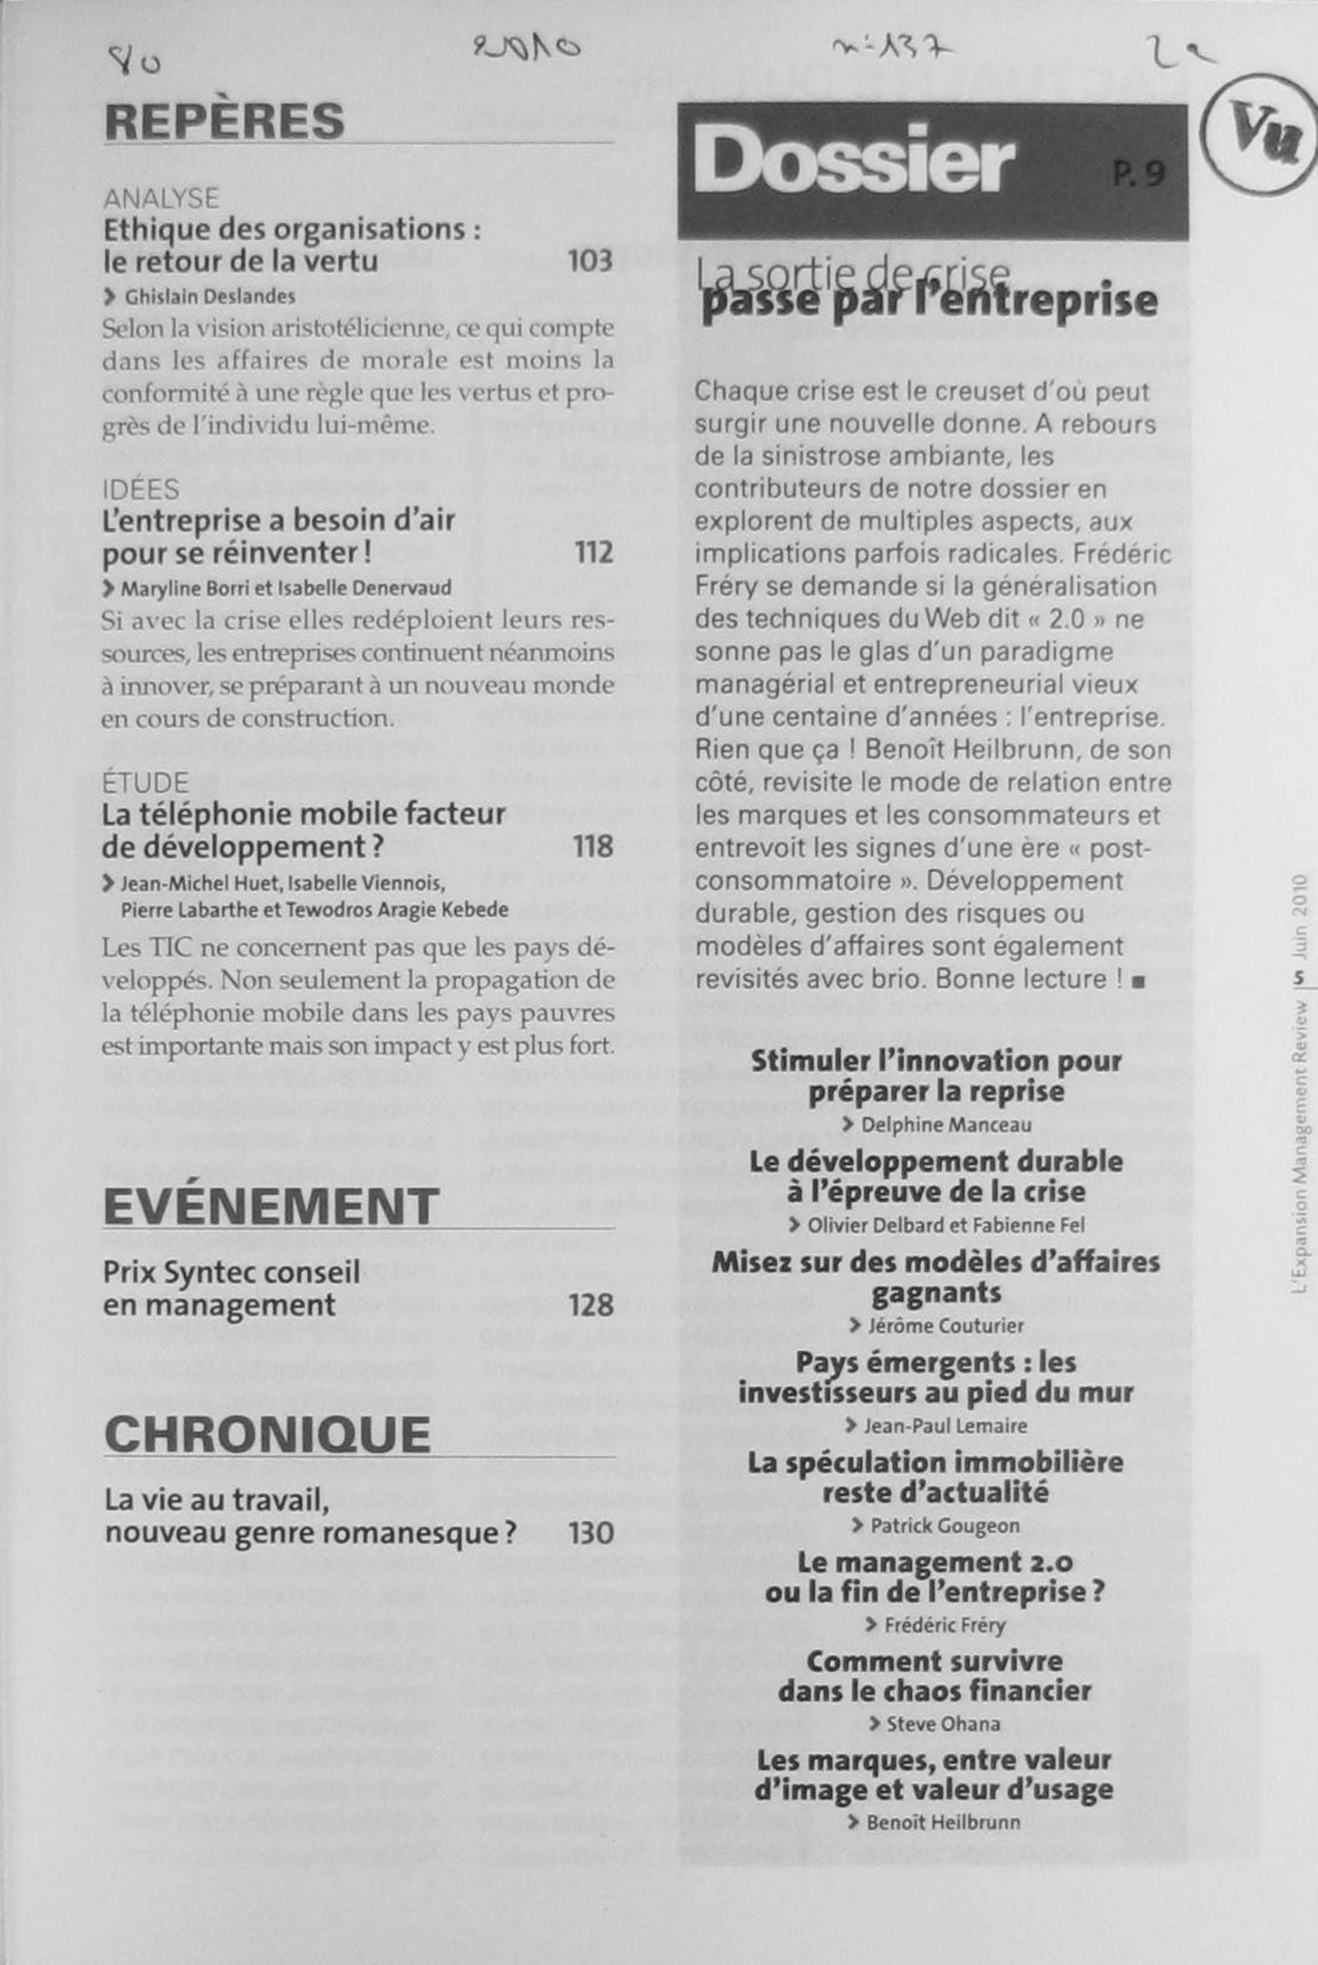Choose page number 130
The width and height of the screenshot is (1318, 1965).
(x=591, y=1533)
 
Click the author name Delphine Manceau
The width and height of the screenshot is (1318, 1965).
(x=946, y=1124)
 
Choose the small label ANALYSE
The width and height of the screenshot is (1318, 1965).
(x=161, y=198)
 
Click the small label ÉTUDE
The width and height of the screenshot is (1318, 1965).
(x=146, y=783)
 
